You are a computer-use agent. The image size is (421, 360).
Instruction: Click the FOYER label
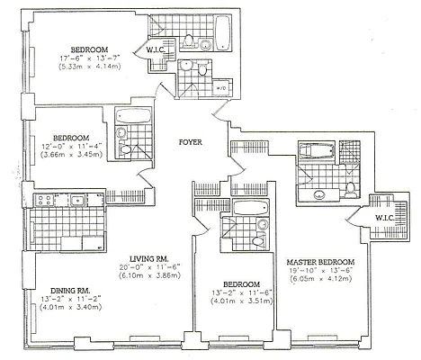(x=190, y=141)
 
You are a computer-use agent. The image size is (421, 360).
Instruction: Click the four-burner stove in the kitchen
(x=43, y=200)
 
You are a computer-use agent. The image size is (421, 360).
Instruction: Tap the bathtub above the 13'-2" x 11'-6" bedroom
(x=247, y=208)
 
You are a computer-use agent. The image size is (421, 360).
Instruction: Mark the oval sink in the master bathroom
(x=318, y=193)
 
